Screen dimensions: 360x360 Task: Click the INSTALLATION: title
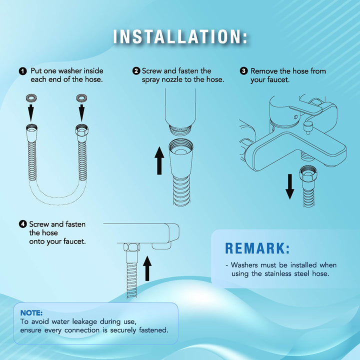[180, 36]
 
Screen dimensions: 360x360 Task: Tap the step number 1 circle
[22, 71]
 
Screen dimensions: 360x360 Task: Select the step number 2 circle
[136, 70]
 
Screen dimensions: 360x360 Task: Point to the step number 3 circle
[243, 70]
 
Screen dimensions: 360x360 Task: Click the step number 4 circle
[22, 224]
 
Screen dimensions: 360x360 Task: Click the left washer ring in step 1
[31, 98]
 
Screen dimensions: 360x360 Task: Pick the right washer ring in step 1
[81, 98]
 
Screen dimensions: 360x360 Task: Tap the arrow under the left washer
[31, 112]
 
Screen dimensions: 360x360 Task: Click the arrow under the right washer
[81, 112]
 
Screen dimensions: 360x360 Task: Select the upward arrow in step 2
[159, 160]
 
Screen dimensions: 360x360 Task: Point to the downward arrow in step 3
[289, 186]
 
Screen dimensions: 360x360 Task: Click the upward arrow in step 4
[147, 268]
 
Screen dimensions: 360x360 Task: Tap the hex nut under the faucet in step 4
[131, 247]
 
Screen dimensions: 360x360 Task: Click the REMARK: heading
[257, 248]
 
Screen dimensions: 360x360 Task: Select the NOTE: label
[31, 313]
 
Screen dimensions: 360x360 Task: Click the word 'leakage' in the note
[84, 322]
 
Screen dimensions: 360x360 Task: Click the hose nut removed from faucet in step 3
[308, 173]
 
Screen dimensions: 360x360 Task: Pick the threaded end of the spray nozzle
[180, 129]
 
